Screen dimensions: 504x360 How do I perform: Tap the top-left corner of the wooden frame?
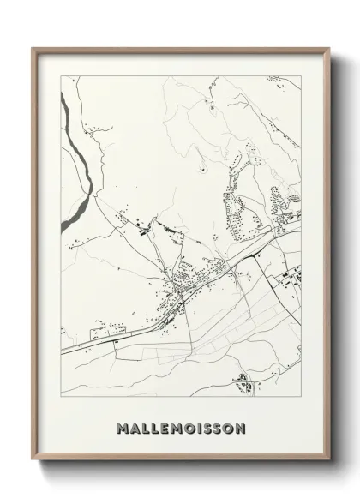33,50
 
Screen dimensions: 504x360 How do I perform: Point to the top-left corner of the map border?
57,75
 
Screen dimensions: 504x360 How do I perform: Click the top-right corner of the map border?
302,75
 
